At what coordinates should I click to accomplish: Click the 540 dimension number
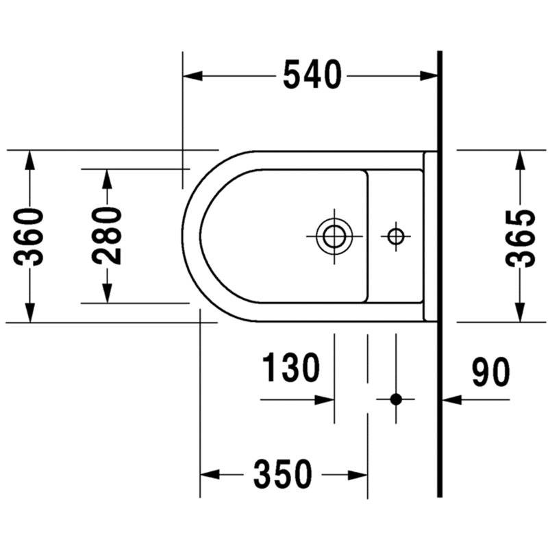(312, 75)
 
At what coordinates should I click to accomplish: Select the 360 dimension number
(29, 236)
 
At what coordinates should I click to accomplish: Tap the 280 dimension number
(107, 235)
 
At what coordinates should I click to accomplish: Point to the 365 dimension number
(520, 239)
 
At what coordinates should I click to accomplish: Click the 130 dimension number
(290, 367)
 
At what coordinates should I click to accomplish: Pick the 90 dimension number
(490, 372)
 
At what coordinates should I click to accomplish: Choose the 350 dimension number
(282, 474)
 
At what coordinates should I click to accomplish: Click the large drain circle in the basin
(334, 236)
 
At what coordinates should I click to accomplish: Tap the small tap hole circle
(396, 236)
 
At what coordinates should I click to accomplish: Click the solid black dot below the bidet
(396, 399)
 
